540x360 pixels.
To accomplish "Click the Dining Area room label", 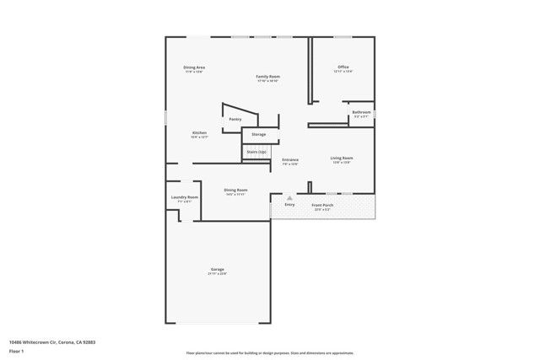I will click(195, 67).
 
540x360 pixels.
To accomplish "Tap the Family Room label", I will click(268, 76).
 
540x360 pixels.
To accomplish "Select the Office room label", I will click(343, 67).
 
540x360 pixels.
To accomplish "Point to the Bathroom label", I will click(362, 112).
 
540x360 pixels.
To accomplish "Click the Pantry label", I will click(235, 119).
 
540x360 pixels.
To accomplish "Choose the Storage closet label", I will click(259, 134).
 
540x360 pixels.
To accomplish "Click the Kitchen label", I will click(199, 132).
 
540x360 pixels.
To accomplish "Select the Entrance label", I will click(290, 159).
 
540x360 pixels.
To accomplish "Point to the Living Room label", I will click(342, 158).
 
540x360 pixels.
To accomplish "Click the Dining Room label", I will click(236, 190).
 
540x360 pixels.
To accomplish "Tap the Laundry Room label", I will click(184, 197).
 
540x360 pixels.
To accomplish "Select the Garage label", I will click(218, 269).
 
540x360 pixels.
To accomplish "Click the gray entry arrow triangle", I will click(289, 197).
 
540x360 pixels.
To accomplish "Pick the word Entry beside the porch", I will click(289, 205).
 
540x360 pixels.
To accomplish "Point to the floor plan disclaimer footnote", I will click(270, 353).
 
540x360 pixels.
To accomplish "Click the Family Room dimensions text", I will click(268, 81).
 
